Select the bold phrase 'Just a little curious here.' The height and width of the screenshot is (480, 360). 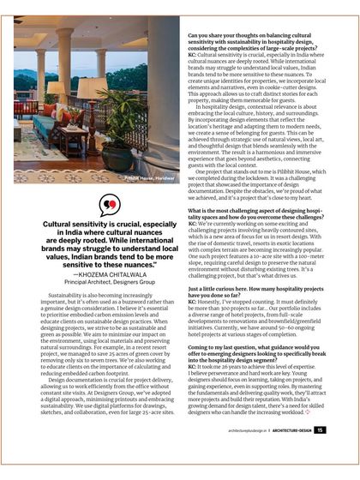click(x=216, y=291)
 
